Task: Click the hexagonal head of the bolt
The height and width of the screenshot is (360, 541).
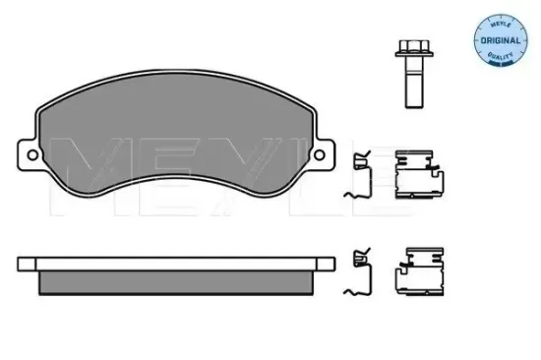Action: (414, 46)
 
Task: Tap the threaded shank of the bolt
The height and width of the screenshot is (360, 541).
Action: (414, 83)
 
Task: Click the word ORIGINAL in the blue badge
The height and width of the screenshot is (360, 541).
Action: (501, 40)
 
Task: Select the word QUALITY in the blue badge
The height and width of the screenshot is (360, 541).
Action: (501, 55)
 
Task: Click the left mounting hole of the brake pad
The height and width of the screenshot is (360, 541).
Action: (32, 154)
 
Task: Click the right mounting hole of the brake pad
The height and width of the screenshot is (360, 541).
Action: (319, 154)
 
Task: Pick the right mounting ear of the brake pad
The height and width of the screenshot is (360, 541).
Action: (324, 154)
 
